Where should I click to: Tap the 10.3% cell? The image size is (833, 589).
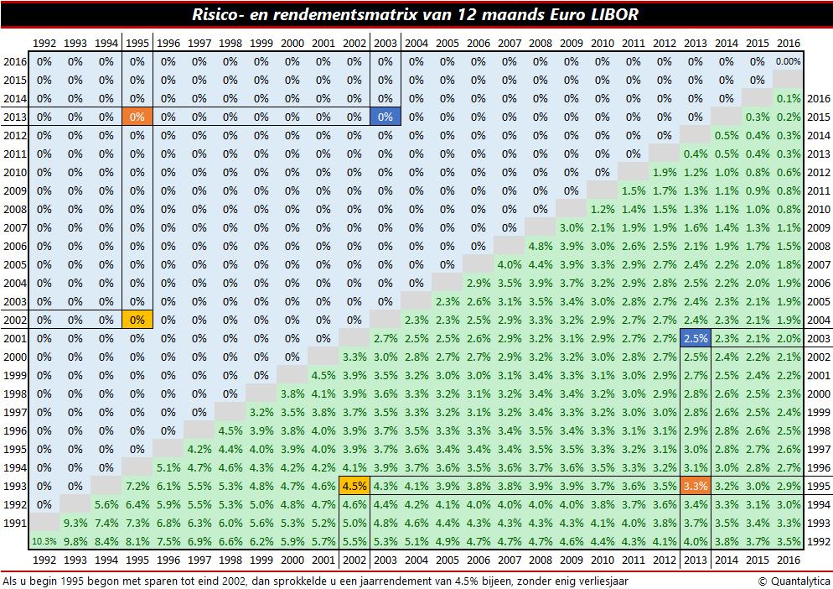[x=44, y=542]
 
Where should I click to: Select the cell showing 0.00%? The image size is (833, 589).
[x=788, y=61]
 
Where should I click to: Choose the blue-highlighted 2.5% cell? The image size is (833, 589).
[x=695, y=338]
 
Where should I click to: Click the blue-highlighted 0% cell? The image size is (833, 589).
[x=385, y=117]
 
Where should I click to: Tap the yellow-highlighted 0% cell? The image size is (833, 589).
[x=137, y=320]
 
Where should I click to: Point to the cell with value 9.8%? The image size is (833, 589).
[x=75, y=542]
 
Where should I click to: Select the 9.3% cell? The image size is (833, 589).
[x=75, y=524]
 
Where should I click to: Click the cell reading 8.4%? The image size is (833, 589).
[x=106, y=542]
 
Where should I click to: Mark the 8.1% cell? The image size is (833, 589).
[x=137, y=542]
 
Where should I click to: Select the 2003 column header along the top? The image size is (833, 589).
[x=385, y=43]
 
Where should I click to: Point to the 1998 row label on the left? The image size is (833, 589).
[x=15, y=394]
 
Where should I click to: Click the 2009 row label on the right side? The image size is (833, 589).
[x=817, y=227]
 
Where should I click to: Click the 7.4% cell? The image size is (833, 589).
[x=106, y=524]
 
